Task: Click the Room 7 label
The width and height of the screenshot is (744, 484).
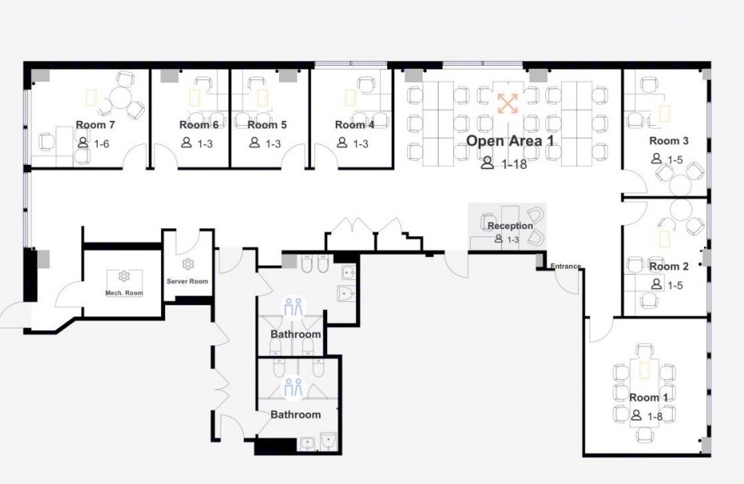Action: point(95,125)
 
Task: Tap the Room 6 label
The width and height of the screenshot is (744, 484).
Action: point(199,125)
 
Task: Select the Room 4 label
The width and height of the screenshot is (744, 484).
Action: point(354,125)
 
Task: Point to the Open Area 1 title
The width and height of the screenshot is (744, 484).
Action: point(510,141)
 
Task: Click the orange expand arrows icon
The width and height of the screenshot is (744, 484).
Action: point(507,103)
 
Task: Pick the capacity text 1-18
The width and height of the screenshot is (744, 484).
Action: point(515,164)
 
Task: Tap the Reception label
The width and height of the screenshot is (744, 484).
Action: point(510,226)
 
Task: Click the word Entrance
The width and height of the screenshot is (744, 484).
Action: point(565,266)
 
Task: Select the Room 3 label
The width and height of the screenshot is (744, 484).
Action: point(669,141)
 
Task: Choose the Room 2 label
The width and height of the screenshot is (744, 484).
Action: point(669,266)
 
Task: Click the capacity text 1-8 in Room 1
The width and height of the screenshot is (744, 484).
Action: point(655,416)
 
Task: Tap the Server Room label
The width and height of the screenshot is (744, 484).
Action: point(188,281)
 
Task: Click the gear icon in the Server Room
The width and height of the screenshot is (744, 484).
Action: point(188,264)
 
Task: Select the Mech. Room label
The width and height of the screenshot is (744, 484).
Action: point(123,293)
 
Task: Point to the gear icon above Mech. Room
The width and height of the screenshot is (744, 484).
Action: point(123,276)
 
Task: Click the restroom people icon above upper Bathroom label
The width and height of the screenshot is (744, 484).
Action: point(293,307)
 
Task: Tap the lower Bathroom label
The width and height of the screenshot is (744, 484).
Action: point(296,415)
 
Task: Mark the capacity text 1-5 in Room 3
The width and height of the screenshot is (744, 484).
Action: point(675,159)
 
